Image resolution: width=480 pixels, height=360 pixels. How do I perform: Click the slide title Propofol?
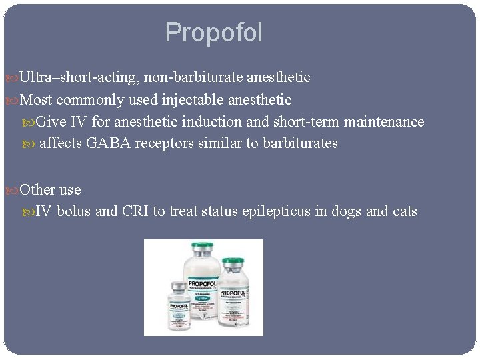[214, 33]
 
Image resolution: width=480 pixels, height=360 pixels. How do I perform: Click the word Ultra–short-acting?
[79, 77]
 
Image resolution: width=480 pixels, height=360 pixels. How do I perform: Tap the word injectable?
[193, 100]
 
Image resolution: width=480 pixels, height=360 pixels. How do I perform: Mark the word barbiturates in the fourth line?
[301, 143]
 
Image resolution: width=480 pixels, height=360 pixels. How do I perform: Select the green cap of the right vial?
[233, 262]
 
